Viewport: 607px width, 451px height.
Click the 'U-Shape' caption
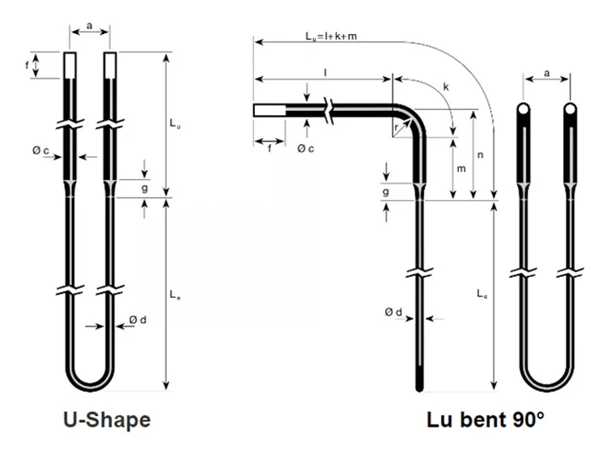[107, 420]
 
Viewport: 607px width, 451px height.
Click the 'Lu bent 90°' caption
[486, 419]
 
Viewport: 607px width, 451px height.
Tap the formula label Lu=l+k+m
[331, 36]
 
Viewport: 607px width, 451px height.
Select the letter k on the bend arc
[446, 87]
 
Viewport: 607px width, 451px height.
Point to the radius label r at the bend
[396, 127]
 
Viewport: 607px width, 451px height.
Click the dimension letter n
[481, 155]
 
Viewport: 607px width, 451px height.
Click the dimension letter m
[461, 168]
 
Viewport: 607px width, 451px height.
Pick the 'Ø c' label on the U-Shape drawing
[40, 151]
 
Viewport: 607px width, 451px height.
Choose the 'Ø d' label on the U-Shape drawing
[138, 320]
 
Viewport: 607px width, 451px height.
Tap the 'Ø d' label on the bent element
[393, 312]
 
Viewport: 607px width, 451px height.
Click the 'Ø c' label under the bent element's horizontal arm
[306, 148]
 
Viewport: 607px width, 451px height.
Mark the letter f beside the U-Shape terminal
[27, 65]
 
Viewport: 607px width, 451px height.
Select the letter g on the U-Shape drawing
[144, 189]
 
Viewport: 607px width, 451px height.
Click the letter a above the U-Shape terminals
[89, 26]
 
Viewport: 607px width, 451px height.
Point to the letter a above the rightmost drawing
[546, 73]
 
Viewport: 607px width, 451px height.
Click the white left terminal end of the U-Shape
[70, 65]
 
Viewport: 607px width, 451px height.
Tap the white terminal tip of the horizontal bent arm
[270, 111]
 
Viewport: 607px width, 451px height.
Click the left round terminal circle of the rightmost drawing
[523, 109]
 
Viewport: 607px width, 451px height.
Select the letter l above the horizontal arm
[325, 72]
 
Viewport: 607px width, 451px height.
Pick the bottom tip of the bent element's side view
[419, 389]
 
